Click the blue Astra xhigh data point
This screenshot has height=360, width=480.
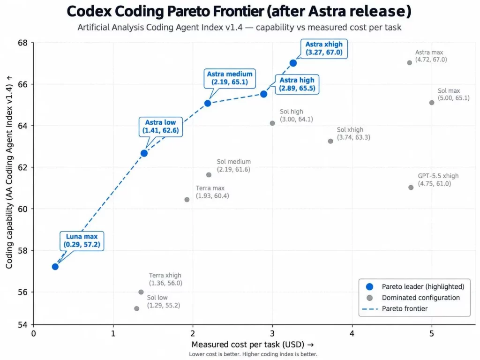pyautogui.click(x=293, y=63)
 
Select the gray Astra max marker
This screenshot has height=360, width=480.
pyautogui.click(x=409, y=63)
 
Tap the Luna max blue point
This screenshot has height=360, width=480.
pyautogui.click(x=55, y=267)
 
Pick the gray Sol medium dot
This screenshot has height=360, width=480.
pyautogui.click(x=209, y=175)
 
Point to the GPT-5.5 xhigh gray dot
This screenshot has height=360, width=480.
pyautogui.click(x=411, y=187)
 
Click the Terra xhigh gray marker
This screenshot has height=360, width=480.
pyautogui.click(x=141, y=292)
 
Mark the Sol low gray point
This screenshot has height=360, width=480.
pyautogui.click(x=136, y=308)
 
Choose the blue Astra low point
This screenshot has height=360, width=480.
pyautogui.click(x=144, y=153)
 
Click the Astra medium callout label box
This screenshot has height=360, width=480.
pyautogui.click(x=230, y=78)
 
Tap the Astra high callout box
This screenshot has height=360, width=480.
pyautogui.click(x=297, y=84)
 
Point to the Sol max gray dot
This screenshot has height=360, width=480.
pyautogui.click(x=431, y=103)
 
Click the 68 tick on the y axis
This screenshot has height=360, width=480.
pyautogui.click(x=22, y=43)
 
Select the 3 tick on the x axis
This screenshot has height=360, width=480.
pyautogui.click(x=272, y=333)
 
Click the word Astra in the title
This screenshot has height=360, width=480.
pyautogui.click(x=327, y=11)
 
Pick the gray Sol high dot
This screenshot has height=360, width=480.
pyautogui.click(x=272, y=123)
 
